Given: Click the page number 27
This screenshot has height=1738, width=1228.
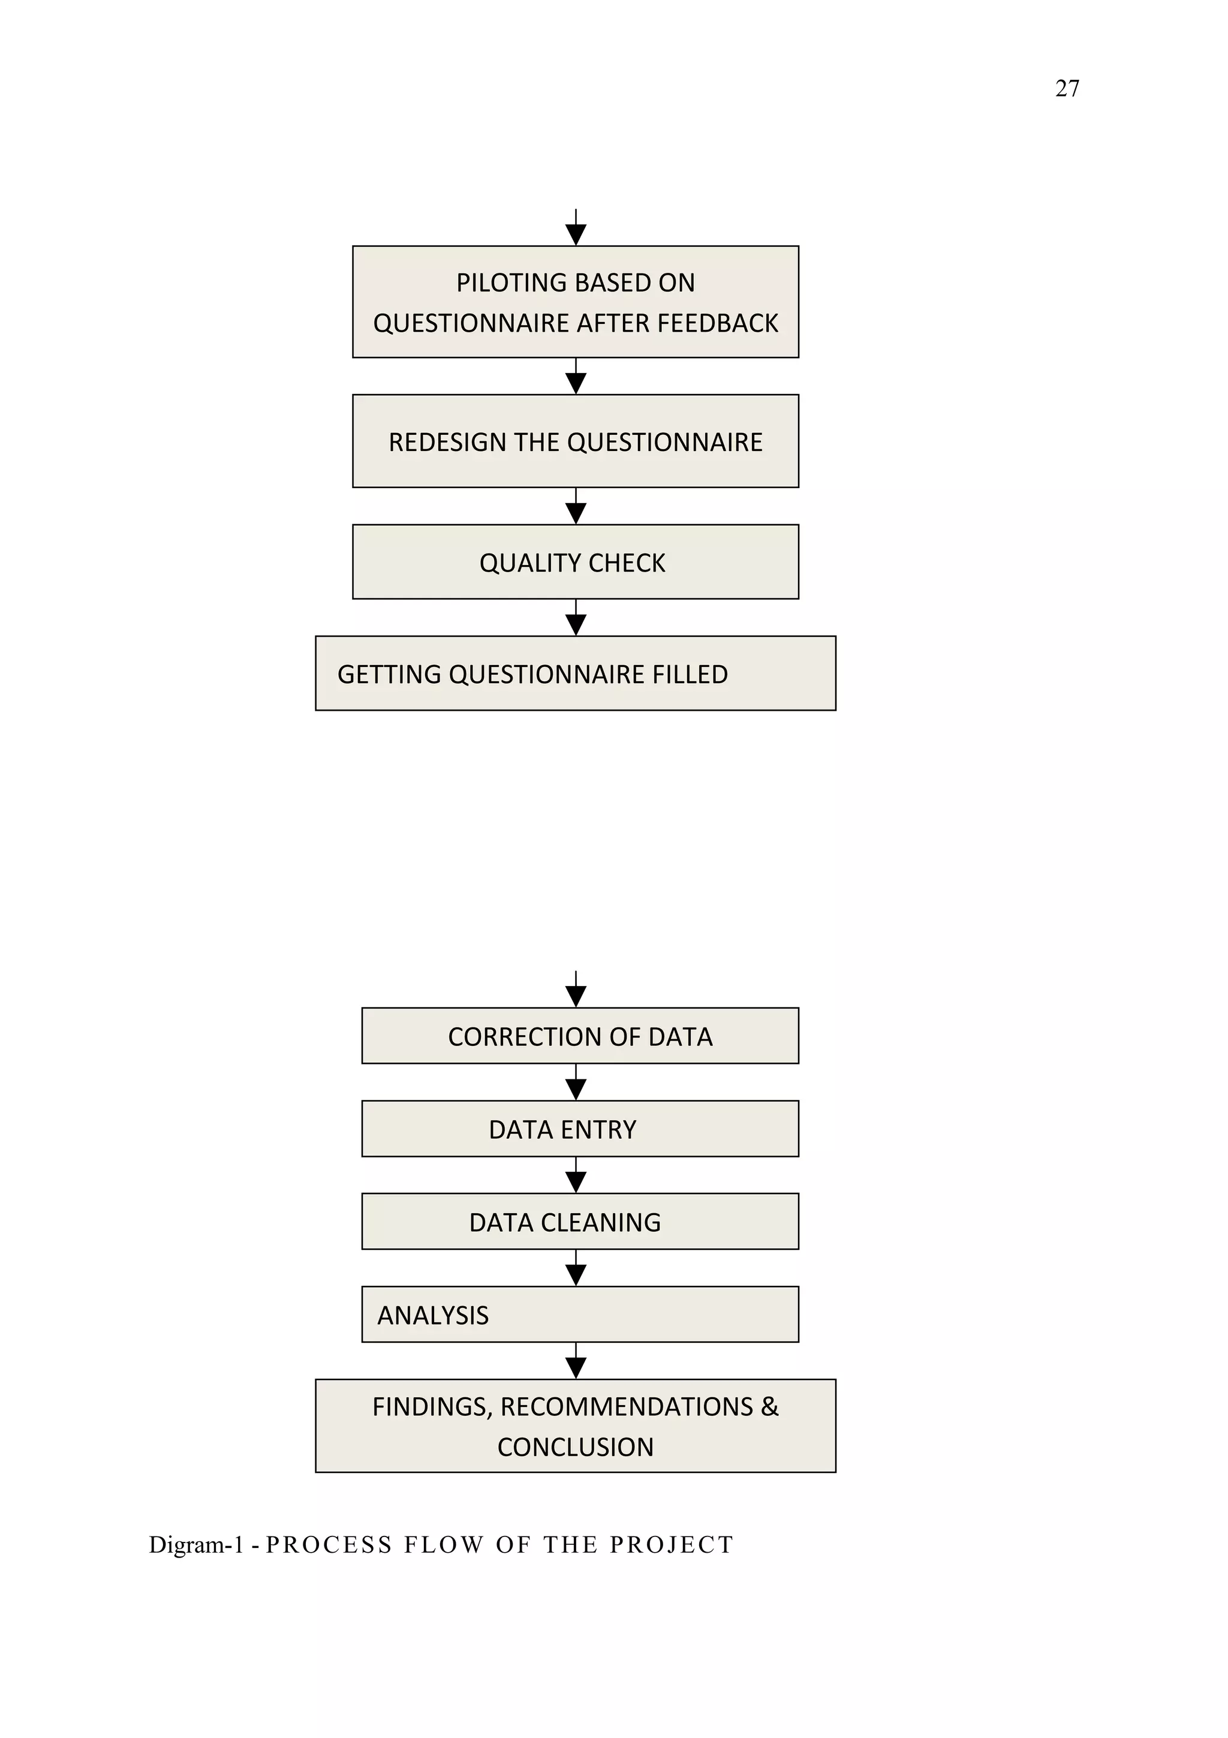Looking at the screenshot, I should tap(1066, 89).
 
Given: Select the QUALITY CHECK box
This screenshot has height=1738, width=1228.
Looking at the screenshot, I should tap(574, 563).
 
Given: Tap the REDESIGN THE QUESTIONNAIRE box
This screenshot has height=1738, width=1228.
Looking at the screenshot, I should tap(575, 441).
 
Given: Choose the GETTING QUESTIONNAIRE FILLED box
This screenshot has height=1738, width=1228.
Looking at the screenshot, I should tap(575, 673).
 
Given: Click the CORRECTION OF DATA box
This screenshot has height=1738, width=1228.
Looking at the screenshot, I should tap(580, 1036).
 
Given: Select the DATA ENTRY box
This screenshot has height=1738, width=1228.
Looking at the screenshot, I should tap(580, 1129).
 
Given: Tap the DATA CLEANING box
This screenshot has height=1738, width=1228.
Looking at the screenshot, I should tap(580, 1222).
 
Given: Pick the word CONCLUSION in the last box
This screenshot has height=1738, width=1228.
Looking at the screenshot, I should tap(575, 1447).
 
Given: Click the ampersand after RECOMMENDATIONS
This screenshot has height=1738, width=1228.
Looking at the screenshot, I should tap(769, 1406).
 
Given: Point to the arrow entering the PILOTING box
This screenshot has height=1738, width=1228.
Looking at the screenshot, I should tap(576, 229).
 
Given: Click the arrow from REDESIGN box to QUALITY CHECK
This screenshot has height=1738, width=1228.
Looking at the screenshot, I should tap(576, 507).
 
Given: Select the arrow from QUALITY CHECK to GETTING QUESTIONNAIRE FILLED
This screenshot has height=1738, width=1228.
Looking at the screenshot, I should tap(576, 618).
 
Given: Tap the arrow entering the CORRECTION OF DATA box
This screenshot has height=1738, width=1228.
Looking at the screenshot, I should tap(576, 991).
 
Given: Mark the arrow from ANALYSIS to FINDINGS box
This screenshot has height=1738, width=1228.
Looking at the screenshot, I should tap(576, 1362).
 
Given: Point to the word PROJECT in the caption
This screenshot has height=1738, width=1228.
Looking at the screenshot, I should tap(671, 1544).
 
